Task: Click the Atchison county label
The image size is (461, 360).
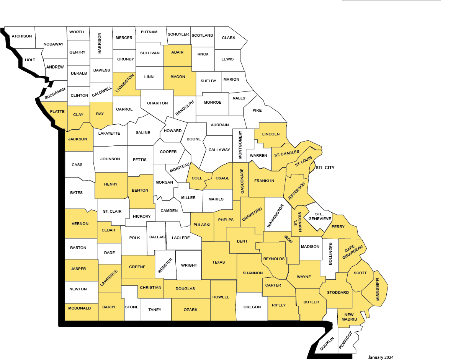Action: click(22, 36)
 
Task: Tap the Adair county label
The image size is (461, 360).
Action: click(177, 52)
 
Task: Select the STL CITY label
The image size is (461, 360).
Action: click(325, 168)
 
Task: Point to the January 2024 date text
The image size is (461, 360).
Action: click(381, 357)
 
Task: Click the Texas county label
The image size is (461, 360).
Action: click(219, 262)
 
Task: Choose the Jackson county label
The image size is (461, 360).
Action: click(78, 139)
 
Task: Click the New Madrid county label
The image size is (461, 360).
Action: click(350, 316)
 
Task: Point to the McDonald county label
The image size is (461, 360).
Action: click(80, 308)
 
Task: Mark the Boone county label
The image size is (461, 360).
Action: click(194, 139)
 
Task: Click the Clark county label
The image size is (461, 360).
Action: click(229, 38)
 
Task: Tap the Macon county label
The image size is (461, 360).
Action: click(177, 77)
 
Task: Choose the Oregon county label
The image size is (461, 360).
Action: click(252, 307)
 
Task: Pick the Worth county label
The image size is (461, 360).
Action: click(77, 32)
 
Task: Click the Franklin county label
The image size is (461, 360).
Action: click(264, 181)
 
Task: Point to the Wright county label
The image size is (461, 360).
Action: click(189, 265)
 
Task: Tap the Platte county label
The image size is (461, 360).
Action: click(57, 111)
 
